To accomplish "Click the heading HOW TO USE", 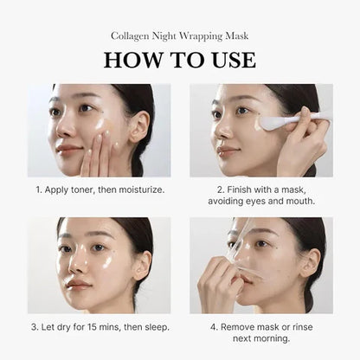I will coord(180,60).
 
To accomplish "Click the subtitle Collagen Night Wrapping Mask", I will coord(180,36).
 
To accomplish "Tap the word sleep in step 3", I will coord(151,326).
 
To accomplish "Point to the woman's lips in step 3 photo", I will coord(78,283).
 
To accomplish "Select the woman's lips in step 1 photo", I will coord(67,151).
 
